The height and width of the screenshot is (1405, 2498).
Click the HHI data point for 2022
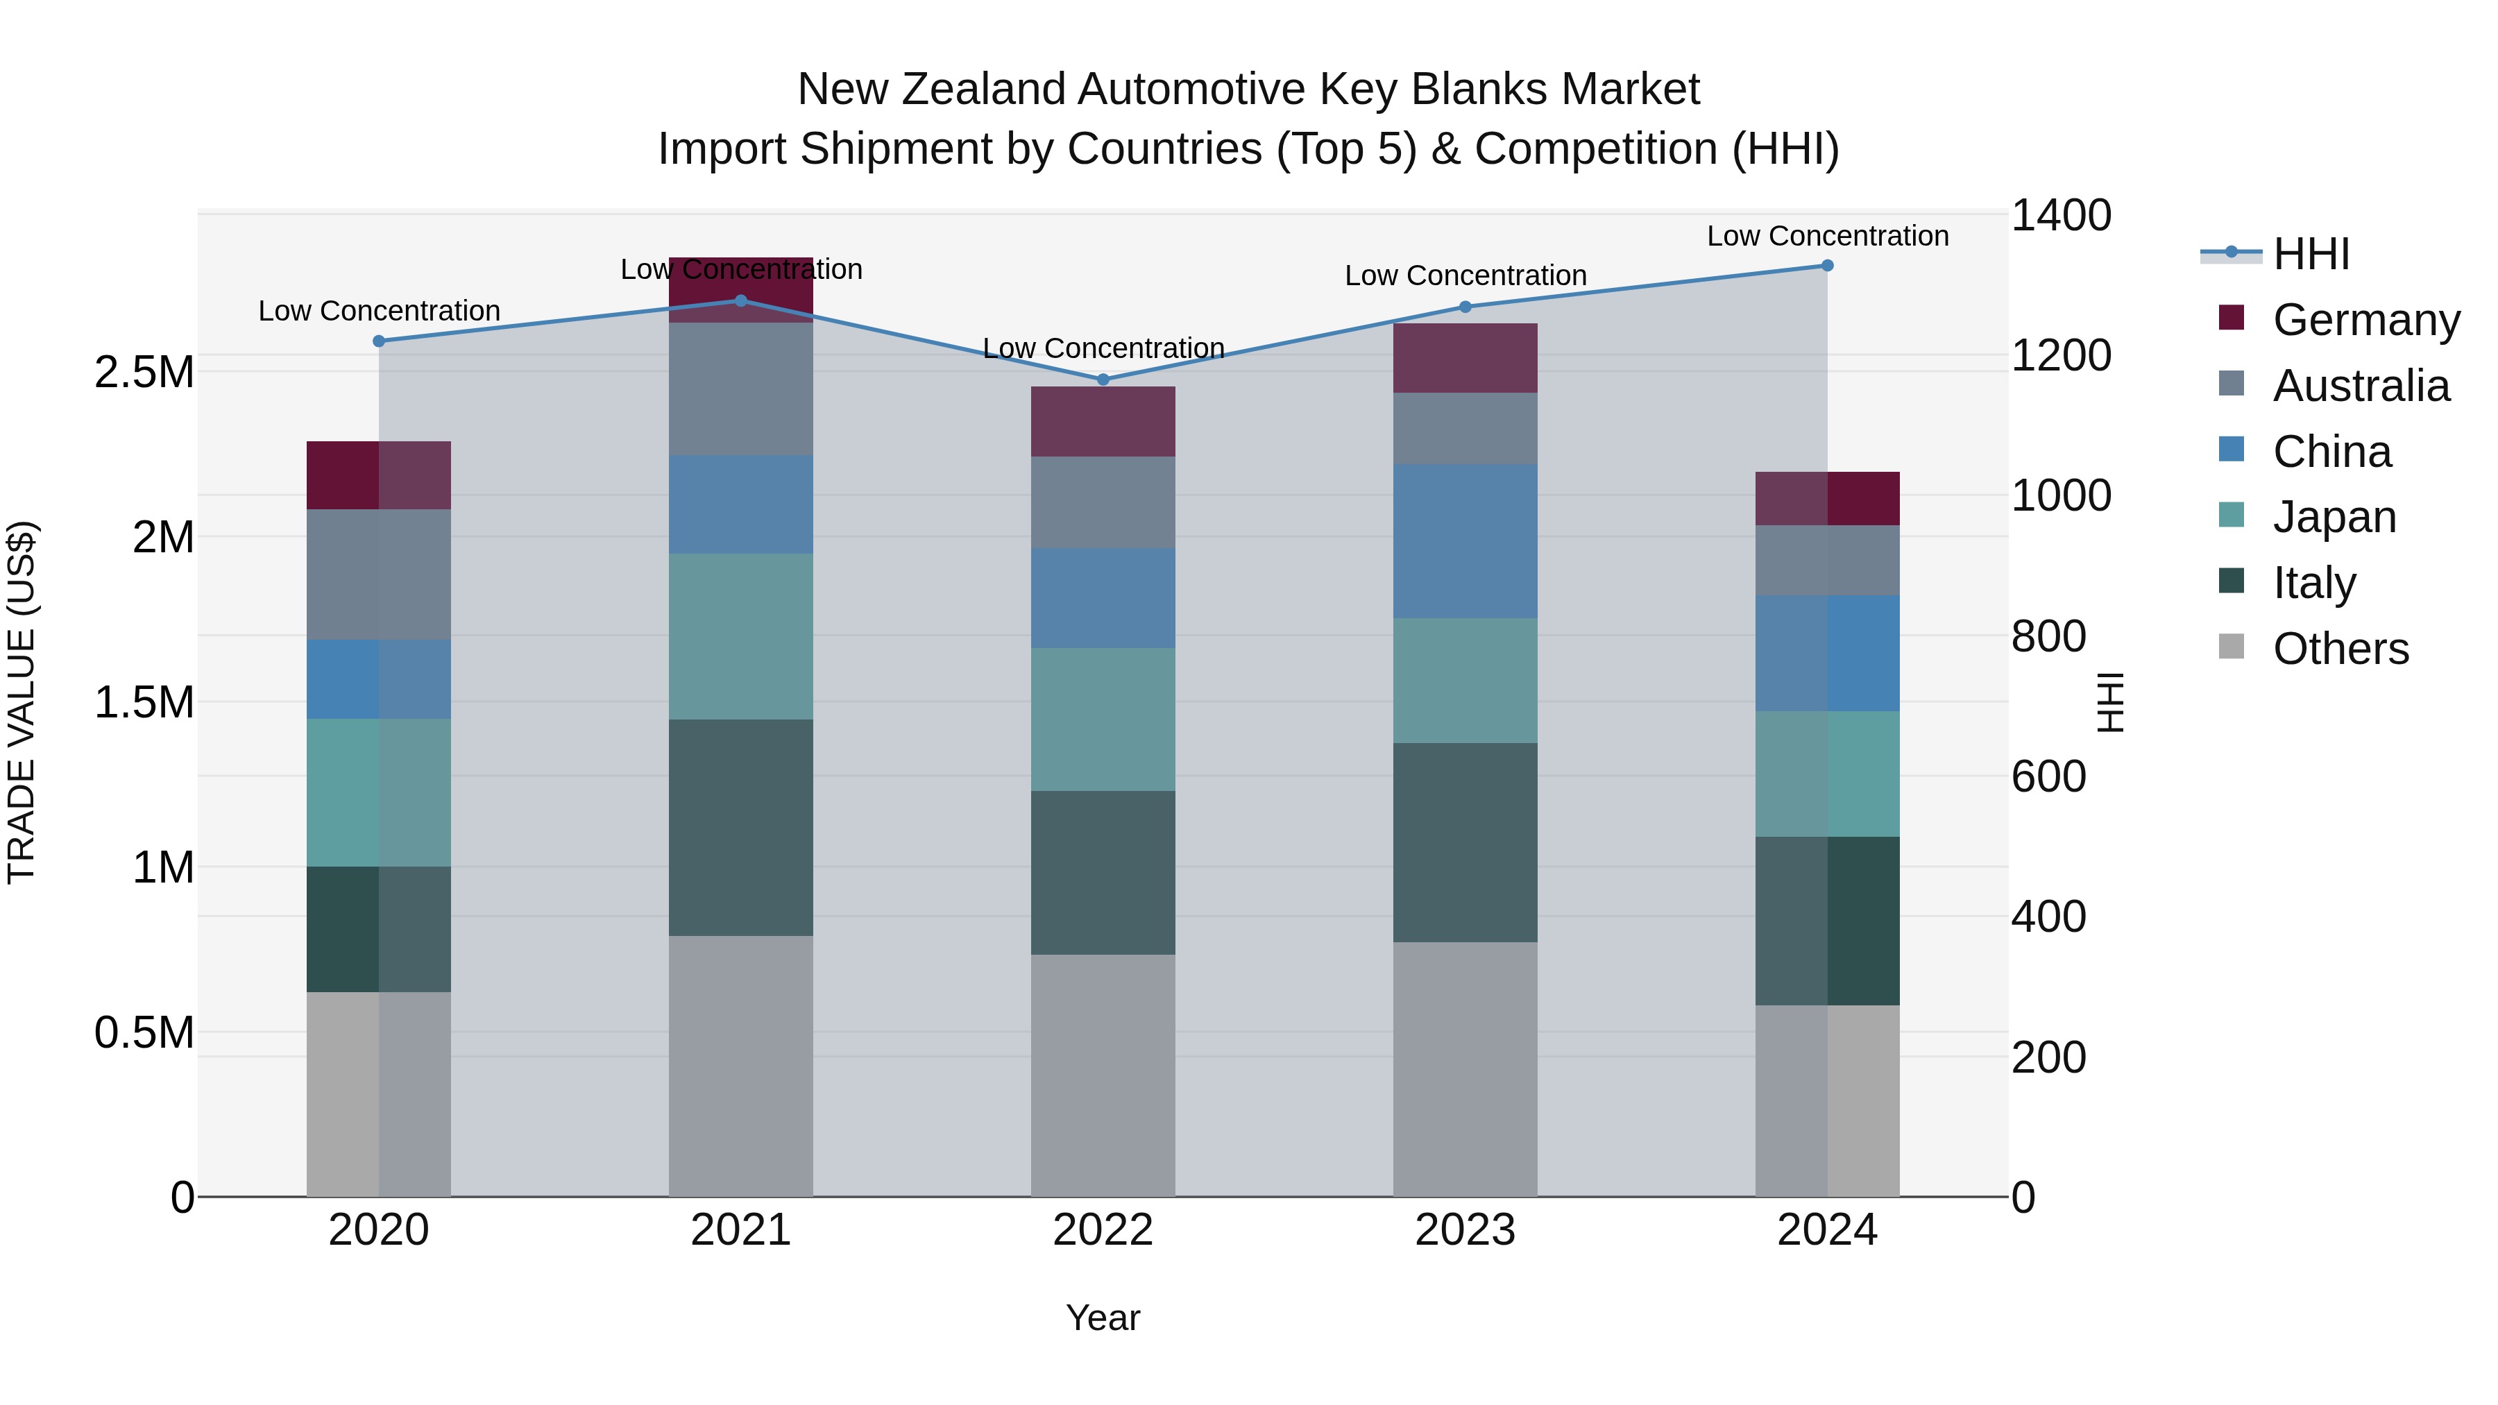(1103, 379)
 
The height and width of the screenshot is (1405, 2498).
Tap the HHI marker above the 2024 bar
(1827, 266)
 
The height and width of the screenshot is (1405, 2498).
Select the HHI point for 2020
(379, 341)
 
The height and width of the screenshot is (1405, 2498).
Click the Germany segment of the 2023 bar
(1464, 358)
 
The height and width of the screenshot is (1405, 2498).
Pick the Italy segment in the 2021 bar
(741, 827)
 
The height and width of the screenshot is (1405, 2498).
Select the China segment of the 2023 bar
(1464, 541)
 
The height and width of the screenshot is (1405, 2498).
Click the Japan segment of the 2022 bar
(1103, 719)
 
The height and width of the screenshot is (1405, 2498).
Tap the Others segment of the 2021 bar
(741, 1066)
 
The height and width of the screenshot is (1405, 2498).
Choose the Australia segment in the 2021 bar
(741, 389)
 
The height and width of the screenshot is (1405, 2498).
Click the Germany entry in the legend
(2365, 320)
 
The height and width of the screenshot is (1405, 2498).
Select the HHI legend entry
(2311, 254)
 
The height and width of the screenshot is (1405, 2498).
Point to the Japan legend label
(2334, 517)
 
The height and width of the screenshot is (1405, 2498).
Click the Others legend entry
(2340, 649)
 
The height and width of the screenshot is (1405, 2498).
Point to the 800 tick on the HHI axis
(2048, 636)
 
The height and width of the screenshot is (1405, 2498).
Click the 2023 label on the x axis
(1464, 1229)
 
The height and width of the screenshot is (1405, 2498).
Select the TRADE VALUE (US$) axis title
(22, 702)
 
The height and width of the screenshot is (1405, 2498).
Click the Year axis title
(1103, 1318)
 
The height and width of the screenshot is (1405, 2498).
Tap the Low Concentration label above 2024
(1827, 236)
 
